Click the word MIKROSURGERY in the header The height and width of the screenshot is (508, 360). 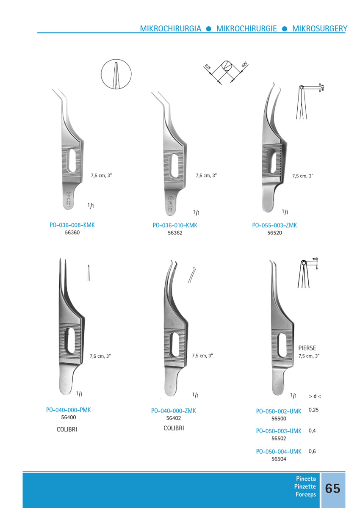(x=319, y=29)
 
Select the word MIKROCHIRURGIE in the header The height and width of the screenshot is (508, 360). (x=246, y=29)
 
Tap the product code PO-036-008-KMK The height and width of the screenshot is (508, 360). (x=72, y=225)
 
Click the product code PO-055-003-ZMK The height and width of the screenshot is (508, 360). (x=274, y=225)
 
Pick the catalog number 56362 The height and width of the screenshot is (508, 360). (x=175, y=233)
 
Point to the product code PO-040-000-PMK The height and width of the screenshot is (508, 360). (x=68, y=410)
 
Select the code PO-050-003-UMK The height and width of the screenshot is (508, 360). (x=279, y=431)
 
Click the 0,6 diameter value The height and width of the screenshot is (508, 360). (x=312, y=451)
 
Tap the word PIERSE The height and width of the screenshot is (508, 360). (x=307, y=348)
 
